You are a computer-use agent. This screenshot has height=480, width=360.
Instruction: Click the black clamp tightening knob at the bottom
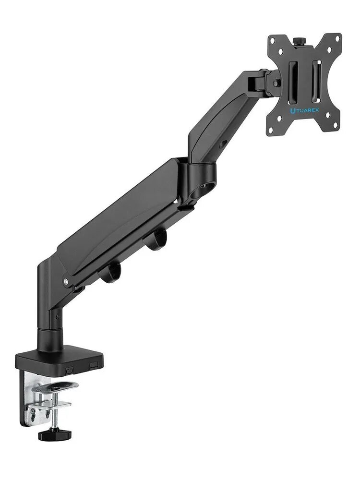(x=55, y=434)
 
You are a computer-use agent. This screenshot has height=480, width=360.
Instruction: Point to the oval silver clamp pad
(x=55, y=386)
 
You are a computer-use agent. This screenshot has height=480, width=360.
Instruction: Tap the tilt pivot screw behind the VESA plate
(x=276, y=83)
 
